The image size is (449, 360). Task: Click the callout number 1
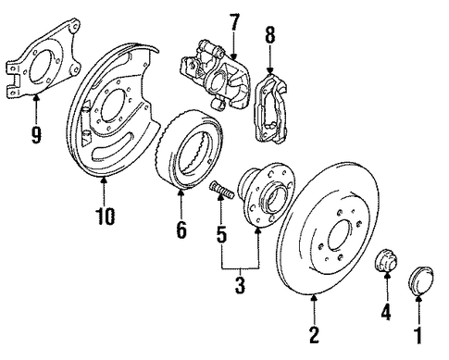[x=418, y=336]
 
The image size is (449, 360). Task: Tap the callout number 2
[x=314, y=334]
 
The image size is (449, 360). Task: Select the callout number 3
[x=240, y=285]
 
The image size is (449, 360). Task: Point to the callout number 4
[x=386, y=311]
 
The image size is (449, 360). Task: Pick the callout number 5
[x=221, y=234]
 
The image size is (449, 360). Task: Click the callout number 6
[x=181, y=230]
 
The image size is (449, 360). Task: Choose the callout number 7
[x=233, y=22]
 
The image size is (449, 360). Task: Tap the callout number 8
[x=269, y=34]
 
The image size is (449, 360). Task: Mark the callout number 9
[x=36, y=135]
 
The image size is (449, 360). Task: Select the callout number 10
[x=105, y=216]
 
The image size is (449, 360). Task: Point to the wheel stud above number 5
[x=221, y=190]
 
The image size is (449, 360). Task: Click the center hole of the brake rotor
[x=340, y=234]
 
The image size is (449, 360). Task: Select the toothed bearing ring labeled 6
[x=189, y=149]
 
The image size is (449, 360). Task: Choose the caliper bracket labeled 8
[x=270, y=109]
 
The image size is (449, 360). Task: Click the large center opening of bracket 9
[x=41, y=68]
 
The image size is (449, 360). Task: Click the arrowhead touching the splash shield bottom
[x=104, y=180]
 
